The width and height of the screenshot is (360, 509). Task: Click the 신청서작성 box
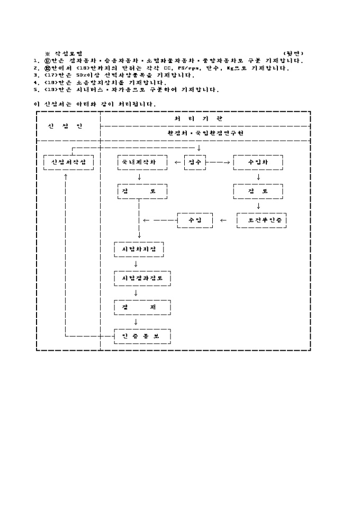pos(68,162)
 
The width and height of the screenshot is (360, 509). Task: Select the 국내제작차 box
pos(142,162)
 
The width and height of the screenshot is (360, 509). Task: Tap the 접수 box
pos(194,162)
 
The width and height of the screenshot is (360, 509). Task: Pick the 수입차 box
pos(258,162)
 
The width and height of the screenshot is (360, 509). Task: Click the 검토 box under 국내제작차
pos(142,191)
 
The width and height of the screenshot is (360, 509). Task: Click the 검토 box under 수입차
pos(258,191)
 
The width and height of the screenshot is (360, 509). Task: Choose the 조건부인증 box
pos(262,220)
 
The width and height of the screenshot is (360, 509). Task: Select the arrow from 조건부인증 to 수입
pos(223,220)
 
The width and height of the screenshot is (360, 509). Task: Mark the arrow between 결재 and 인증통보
pos(136,321)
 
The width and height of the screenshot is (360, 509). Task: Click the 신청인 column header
pos(68,126)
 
